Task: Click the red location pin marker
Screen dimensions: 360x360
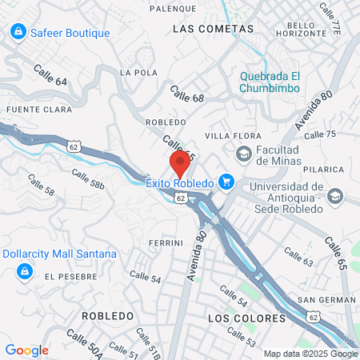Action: (x=181, y=165)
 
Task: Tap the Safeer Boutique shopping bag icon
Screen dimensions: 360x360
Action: (x=17, y=32)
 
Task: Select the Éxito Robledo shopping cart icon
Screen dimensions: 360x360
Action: (x=226, y=182)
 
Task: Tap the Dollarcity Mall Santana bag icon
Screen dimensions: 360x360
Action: (x=25, y=273)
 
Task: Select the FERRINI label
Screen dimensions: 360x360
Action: (x=166, y=242)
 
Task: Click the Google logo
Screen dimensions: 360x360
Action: (x=26, y=350)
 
